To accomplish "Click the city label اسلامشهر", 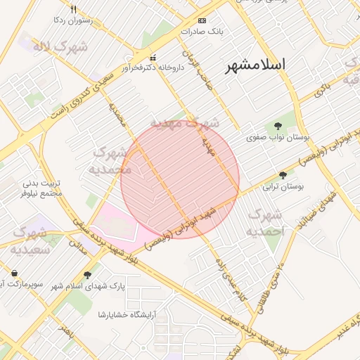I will point(256,66).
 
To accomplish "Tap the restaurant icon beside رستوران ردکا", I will point(73,10).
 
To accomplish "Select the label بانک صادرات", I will point(201,32).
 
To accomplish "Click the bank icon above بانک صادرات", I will point(202,20).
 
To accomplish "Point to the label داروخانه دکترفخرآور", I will point(153,68).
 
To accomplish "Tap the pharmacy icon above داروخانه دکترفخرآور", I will point(153,58).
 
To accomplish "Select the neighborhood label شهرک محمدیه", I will point(111,161).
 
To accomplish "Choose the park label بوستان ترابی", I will point(283,187).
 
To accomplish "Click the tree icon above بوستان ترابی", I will point(283,176).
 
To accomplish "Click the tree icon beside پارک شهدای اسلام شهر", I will point(87,275).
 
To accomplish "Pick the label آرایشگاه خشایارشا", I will point(130,314).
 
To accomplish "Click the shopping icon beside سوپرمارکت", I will point(15,273).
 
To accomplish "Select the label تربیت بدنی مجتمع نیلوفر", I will point(41,188).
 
